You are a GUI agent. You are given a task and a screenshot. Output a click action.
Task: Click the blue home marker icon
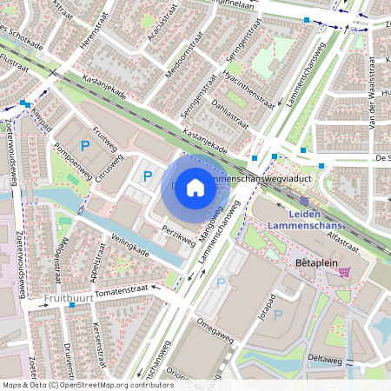[x=195, y=187]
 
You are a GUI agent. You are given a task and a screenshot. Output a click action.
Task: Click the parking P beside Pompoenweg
[x=84, y=146]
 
